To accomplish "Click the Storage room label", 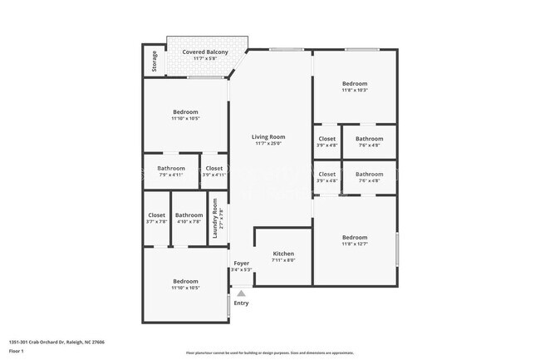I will [x=154, y=62].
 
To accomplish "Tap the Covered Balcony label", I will [x=205, y=52].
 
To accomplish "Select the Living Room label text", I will [x=269, y=136].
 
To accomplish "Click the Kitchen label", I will [x=283, y=254].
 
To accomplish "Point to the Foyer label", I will [x=241, y=264].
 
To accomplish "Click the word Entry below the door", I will [x=241, y=303].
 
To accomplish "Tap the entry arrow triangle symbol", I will [x=241, y=293].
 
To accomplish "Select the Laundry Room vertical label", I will [x=215, y=224].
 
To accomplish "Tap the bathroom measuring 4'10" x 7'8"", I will [x=189, y=218].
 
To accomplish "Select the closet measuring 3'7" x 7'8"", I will [x=156, y=218].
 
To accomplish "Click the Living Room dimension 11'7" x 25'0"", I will [x=269, y=143].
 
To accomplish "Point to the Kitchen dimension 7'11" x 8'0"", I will [x=283, y=260].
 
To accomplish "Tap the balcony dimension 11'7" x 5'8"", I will [x=205, y=58].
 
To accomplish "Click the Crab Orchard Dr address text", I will [x=56, y=341].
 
